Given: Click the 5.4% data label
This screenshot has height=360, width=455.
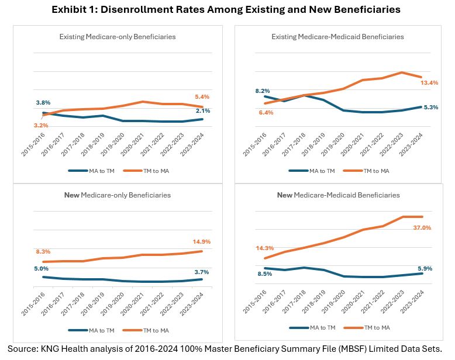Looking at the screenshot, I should [202, 97].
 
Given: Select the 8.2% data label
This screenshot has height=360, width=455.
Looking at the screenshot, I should [263, 91].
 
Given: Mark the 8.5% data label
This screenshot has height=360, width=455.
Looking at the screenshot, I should [265, 274].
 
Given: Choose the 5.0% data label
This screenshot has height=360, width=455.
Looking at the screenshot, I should [41, 268].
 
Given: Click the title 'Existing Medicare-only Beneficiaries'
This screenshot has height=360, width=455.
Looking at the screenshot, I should [118, 37].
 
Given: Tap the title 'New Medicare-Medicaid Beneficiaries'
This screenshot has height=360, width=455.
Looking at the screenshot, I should [339, 195].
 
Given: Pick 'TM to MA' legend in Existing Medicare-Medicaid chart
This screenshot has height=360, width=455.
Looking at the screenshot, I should [375, 171].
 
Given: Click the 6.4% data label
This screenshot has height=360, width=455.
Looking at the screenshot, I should [266, 112].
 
